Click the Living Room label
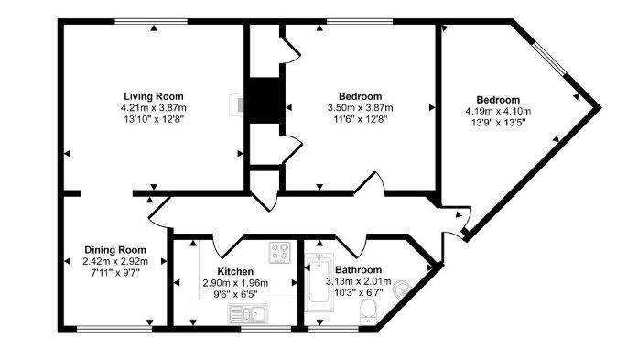pyautogui.click(x=154, y=96)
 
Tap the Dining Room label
pyautogui.click(x=115, y=249)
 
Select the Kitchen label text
pyautogui.click(x=235, y=271)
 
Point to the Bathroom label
pyautogui.click(x=357, y=270)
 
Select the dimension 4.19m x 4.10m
pyautogui.click(x=498, y=112)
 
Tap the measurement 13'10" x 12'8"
pyautogui.click(x=154, y=118)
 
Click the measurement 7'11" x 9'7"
pyautogui.click(x=115, y=272)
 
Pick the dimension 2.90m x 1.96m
pyautogui.click(x=235, y=283)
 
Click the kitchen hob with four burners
pyautogui.click(x=279, y=251)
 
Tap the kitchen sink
pyautogui.click(x=246, y=315)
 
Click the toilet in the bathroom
pyautogui.click(x=367, y=314)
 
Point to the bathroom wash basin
pyautogui.click(x=399, y=290)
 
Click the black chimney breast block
pyautogui.click(x=265, y=100)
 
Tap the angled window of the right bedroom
pyautogui.click(x=554, y=61)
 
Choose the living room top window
pyautogui.click(x=153, y=20)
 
